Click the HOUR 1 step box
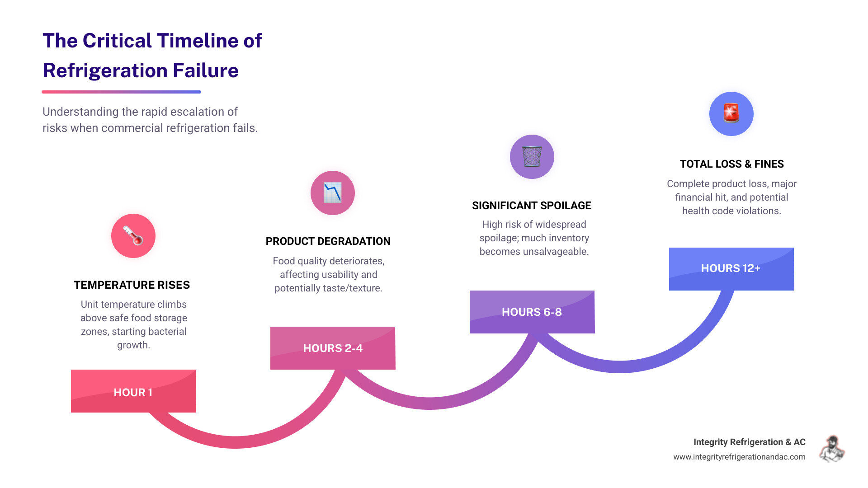133,391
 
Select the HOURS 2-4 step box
333,348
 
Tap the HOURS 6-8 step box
532,312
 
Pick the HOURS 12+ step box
731,269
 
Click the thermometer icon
133,236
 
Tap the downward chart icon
333,193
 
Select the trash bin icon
532,157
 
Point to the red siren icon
731,113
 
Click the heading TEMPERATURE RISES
132,285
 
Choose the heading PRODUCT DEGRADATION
328,241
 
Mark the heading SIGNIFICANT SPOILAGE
532,206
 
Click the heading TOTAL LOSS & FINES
731,164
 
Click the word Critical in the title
117,41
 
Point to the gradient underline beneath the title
121,92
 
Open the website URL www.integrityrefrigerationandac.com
739,457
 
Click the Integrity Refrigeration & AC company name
749,442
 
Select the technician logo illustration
832,449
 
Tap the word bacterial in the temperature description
164,332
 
